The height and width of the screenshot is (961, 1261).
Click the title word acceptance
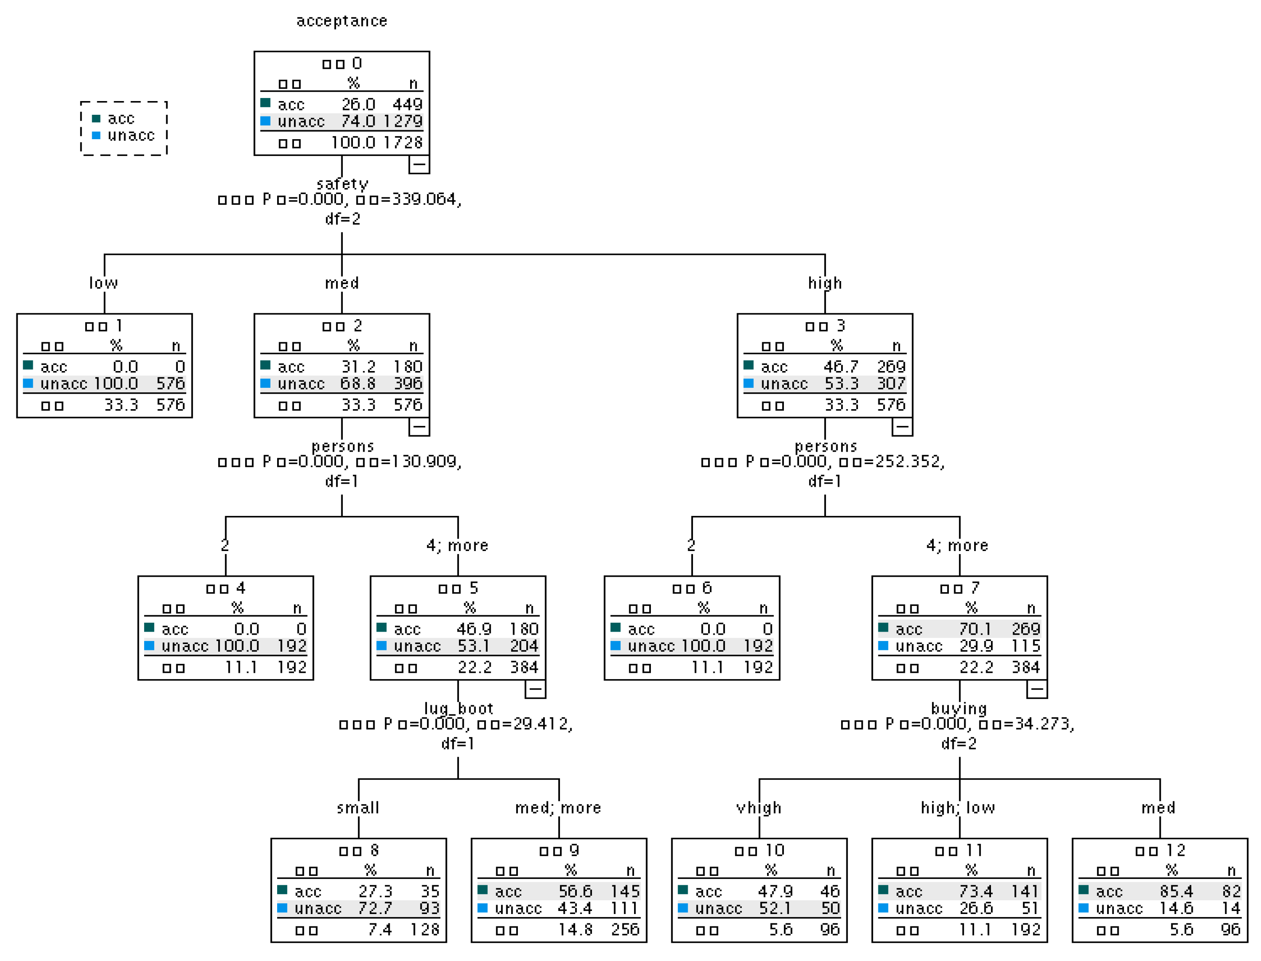pos(341,21)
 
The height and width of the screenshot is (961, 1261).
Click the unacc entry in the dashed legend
pos(130,136)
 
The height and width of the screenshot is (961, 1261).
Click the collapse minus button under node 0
pos(419,165)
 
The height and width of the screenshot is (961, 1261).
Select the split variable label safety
pos(342,184)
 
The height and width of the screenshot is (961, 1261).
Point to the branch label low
pos(104,283)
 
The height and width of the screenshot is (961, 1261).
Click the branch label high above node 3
pos(824,283)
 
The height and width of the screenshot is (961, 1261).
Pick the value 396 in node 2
pos(407,383)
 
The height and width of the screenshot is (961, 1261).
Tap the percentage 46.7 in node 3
pos(841,367)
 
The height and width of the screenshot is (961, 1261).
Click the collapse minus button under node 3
pos(902,427)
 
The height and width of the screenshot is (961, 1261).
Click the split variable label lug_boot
pos(458,709)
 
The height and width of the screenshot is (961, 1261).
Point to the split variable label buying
pos(959,709)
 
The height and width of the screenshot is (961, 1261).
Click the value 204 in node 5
pos(524,646)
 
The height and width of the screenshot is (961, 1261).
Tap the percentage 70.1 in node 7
pos(975,629)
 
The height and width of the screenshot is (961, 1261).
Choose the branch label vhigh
pos(759,808)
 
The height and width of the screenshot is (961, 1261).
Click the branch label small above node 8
pos(358,808)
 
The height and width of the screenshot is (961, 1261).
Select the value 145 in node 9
pos(624,891)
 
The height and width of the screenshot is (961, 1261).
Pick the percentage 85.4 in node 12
pos(1176,891)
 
